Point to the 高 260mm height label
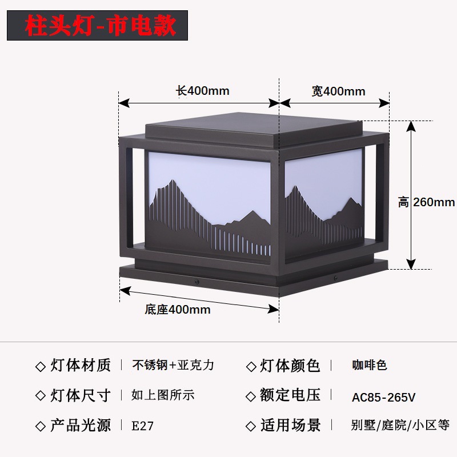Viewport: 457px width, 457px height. pyautogui.click(x=427, y=202)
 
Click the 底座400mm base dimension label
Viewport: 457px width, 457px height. pyautogui.click(x=178, y=310)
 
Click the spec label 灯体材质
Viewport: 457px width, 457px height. pyautogui.click(x=81, y=366)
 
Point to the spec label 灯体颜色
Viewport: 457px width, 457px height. pyautogui.click(x=290, y=366)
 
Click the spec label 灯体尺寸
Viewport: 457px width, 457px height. pyautogui.click(x=81, y=395)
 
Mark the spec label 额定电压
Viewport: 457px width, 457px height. pyautogui.click(x=290, y=395)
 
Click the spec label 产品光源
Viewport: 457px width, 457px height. pyautogui.click(x=81, y=425)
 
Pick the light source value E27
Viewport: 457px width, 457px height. pyautogui.click(x=143, y=426)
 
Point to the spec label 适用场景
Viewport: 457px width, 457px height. pyautogui.click(x=290, y=425)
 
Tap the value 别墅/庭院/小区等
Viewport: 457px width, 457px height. pyautogui.click(x=400, y=425)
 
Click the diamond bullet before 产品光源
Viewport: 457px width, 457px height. pyautogui.click(x=40, y=426)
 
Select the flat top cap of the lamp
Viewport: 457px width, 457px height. pyautogui.click(x=211, y=131)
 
